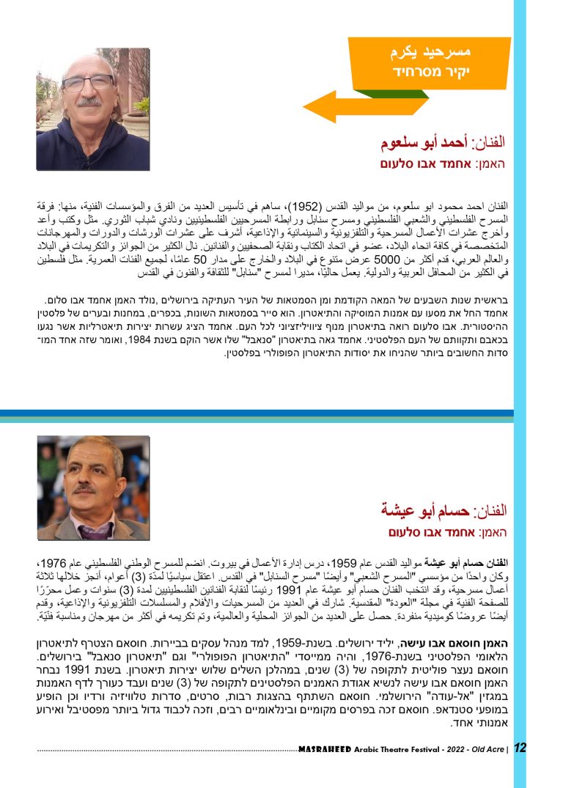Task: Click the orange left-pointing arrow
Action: [330, 106]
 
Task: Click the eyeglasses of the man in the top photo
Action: [88, 83]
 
